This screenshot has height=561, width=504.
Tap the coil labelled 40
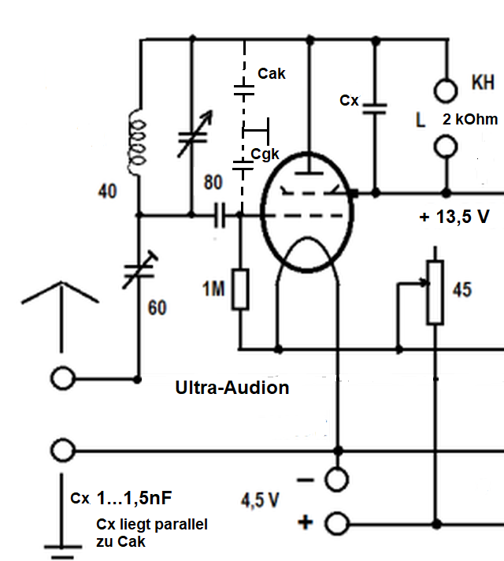(138, 142)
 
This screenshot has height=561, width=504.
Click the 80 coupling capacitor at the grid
(218, 214)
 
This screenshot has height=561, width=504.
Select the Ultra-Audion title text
(232, 388)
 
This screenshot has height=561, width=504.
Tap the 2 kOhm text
(470, 120)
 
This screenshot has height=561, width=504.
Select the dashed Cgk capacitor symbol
(243, 163)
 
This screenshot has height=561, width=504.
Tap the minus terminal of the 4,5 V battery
(337, 478)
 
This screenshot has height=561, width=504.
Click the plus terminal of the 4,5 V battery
(337, 522)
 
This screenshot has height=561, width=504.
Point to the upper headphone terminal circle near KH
(447, 89)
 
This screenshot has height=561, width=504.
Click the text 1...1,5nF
(134, 500)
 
